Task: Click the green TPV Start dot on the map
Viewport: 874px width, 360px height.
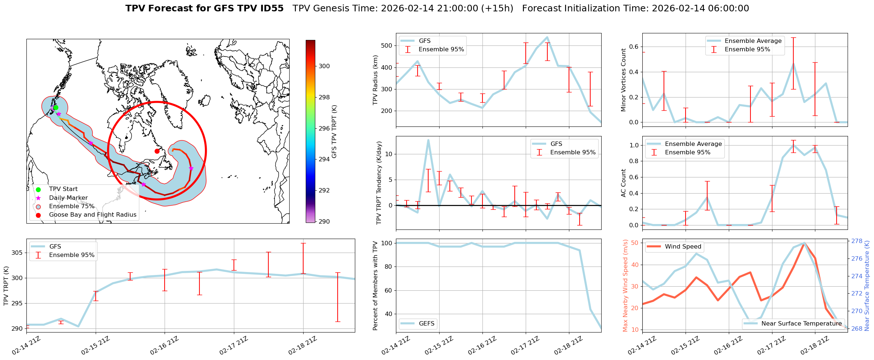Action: coord(56,107)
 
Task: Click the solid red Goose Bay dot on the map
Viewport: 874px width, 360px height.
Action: coord(157,151)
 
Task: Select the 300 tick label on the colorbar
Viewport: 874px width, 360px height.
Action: coord(324,66)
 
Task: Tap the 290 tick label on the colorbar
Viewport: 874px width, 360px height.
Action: coord(324,221)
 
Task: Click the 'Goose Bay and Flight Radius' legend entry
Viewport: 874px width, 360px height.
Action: coord(92,215)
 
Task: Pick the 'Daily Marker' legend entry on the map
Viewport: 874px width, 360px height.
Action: coord(68,198)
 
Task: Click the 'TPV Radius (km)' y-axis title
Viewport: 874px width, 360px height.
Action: coord(375,80)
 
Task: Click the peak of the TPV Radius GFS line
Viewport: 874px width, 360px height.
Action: coord(547,37)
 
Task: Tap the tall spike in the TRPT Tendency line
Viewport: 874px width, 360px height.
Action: coord(428,140)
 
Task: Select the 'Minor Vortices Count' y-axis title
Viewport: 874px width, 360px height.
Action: coord(624,80)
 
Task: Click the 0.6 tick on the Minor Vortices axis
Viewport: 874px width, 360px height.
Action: coord(634,47)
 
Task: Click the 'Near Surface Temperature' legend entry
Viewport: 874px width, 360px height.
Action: coord(801,324)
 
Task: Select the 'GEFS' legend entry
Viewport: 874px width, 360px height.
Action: coord(426,324)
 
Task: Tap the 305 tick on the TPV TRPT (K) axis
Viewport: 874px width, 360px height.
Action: coord(18,253)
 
